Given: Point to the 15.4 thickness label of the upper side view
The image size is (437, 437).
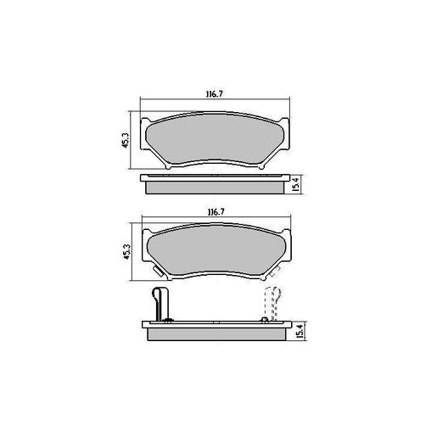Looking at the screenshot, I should (295, 183).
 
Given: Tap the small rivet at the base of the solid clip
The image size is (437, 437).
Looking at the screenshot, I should (168, 319).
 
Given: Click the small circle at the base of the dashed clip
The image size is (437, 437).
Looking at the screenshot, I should (266, 319).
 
